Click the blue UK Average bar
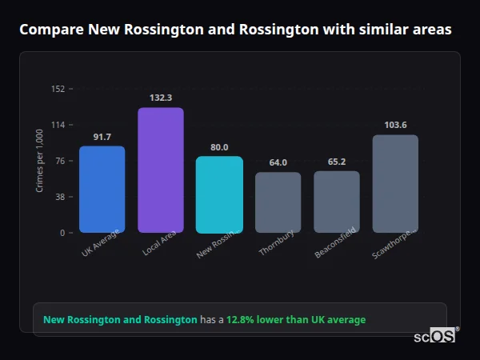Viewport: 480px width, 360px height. [x=102, y=190]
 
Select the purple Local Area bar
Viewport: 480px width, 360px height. [x=161, y=170]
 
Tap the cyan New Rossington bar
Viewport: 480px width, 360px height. [x=219, y=194]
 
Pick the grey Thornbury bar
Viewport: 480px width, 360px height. [x=278, y=202]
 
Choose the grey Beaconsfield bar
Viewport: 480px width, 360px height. [x=337, y=202]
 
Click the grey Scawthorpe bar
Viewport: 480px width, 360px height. [x=395, y=184]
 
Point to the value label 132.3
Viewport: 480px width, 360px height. [x=161, y=98]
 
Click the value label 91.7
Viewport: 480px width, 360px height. [x=102, y=137]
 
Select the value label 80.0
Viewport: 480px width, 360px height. [x=219, y=147]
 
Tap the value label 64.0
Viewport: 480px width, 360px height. [x=278, y=162]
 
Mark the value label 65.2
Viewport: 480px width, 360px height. [x=337, y=162]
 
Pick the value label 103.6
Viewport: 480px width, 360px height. [x=395, y=125]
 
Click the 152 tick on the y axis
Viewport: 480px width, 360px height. [x=58, y=89]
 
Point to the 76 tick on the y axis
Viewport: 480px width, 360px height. [x=60, y=161]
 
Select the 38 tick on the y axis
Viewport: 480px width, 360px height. [x=60, y=197]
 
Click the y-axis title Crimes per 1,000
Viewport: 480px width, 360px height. [x=40, y=161]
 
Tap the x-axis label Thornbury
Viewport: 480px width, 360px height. [x=277, y=245]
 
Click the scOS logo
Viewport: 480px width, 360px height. [x=434, y=336]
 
